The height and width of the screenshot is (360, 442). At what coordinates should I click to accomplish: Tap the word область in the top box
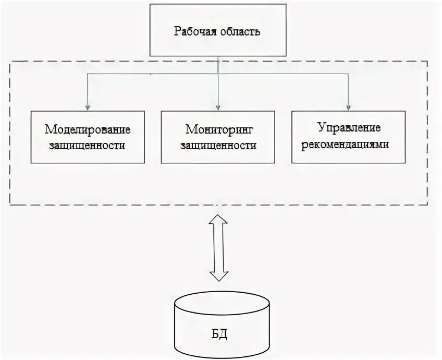pos(240,31)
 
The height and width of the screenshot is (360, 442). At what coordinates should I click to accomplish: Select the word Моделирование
pos(88,129)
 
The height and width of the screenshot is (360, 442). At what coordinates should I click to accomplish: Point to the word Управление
pos(349,128)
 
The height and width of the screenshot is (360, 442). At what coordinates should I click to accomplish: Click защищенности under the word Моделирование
pos(88,145)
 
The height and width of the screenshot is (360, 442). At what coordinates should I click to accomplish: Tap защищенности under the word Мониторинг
pos(218,145)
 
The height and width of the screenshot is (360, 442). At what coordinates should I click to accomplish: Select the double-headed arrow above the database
pos(218,247)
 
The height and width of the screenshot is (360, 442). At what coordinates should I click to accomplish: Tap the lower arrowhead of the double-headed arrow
pos(218,275)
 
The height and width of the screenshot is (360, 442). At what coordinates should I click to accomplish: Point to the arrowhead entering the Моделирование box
pos(88,107)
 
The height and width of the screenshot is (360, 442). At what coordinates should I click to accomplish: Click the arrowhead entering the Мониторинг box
pos(218,107)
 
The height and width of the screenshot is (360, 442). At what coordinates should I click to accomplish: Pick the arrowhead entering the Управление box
pos(348,107)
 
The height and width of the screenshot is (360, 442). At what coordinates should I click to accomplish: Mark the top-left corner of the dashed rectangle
pos(10,62)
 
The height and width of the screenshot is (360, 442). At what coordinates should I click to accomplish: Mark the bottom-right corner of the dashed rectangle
pos(427,204)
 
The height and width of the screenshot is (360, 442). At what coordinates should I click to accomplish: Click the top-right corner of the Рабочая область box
pos(286,5)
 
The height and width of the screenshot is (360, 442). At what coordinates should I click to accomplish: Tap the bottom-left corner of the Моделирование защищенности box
pos(31,163)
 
